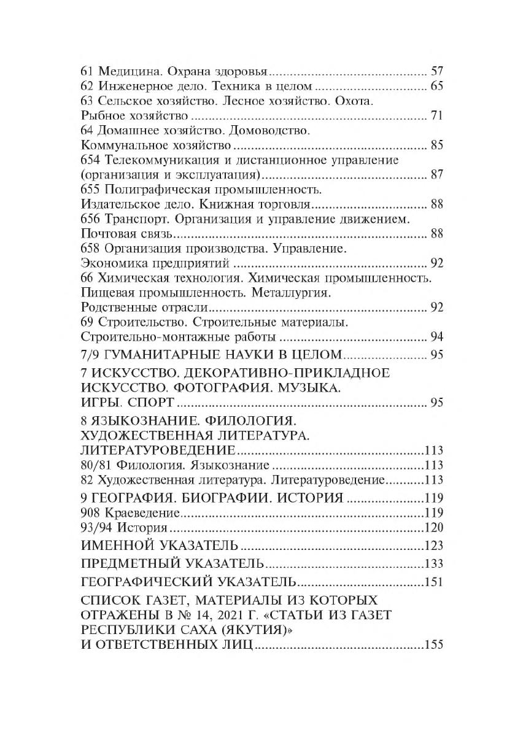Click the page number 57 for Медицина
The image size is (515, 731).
coord(436,70)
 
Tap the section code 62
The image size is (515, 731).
coord(87,85)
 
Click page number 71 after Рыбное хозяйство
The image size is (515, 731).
coord(436,115)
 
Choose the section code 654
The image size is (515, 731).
coord(90,161)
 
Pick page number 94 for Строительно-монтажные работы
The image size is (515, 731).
coord(436,338)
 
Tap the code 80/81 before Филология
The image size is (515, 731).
coord(96,465)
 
